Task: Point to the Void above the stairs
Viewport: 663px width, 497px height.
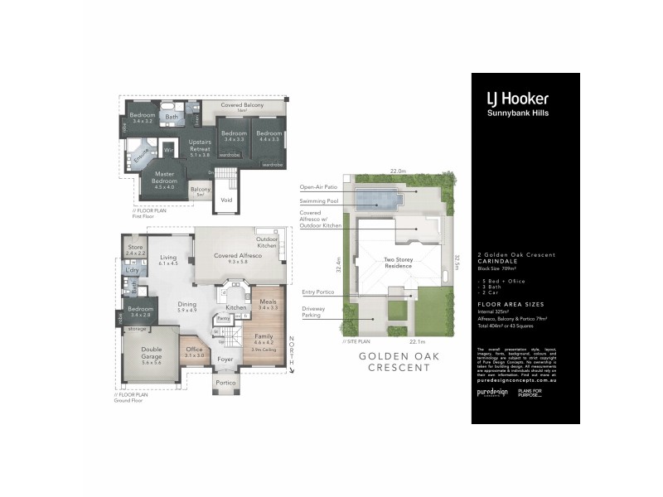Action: (226, 200)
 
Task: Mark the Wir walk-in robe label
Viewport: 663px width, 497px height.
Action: (167, 150)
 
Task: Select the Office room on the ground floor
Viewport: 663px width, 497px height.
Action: (193, 351)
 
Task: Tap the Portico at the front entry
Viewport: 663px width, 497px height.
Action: (225, 383)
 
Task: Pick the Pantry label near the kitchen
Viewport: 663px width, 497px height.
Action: (223, 317)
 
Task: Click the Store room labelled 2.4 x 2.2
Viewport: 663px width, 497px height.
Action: (135, 249)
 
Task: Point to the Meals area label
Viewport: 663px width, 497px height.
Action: (267, 304)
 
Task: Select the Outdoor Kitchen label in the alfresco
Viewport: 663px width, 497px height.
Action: (266, 243)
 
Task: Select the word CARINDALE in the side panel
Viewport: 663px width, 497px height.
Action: (499, 263)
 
